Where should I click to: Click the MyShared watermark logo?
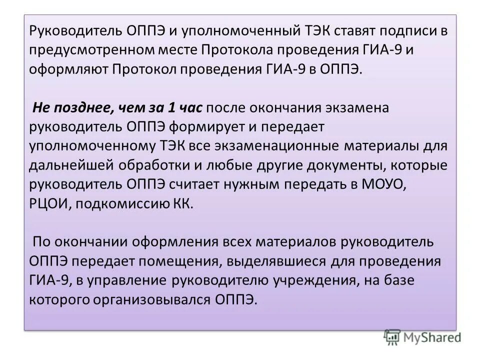tap(422, 337)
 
